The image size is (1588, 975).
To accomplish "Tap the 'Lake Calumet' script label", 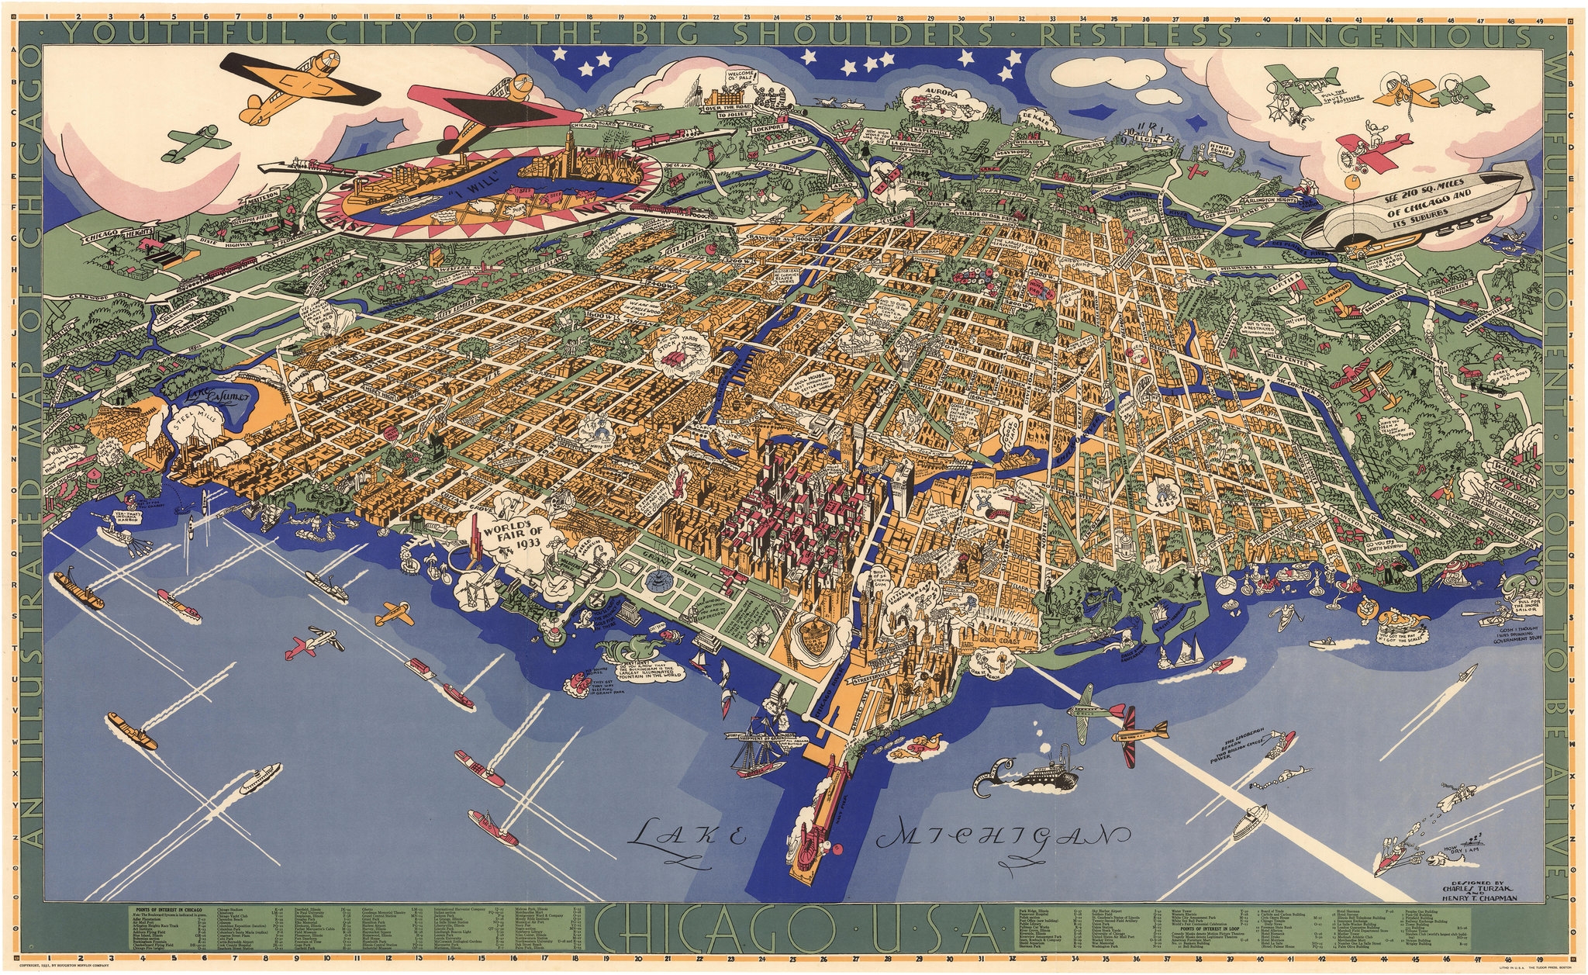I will click(x=219, y=397).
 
